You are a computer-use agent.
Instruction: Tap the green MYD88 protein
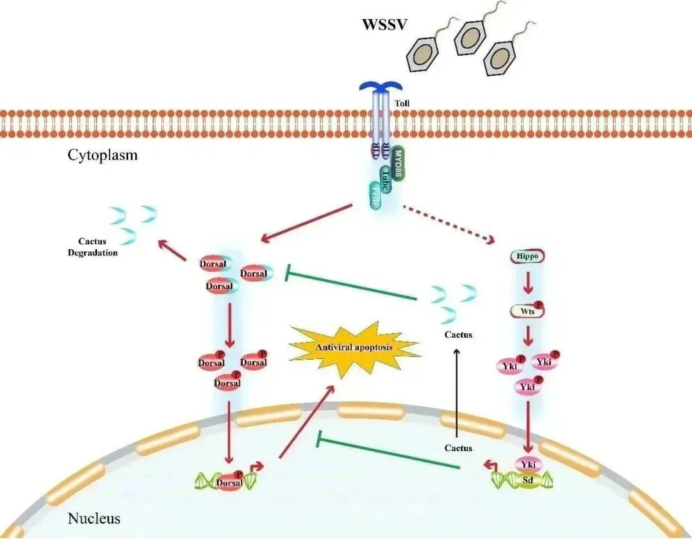399,163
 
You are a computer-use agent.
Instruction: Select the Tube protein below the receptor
386,177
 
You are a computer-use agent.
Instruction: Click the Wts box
526,312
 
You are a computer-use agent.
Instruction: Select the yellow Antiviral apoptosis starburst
354,347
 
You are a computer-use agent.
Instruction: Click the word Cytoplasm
103,155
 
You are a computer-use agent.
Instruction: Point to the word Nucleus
94,518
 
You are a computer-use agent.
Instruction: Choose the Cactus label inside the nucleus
458,448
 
